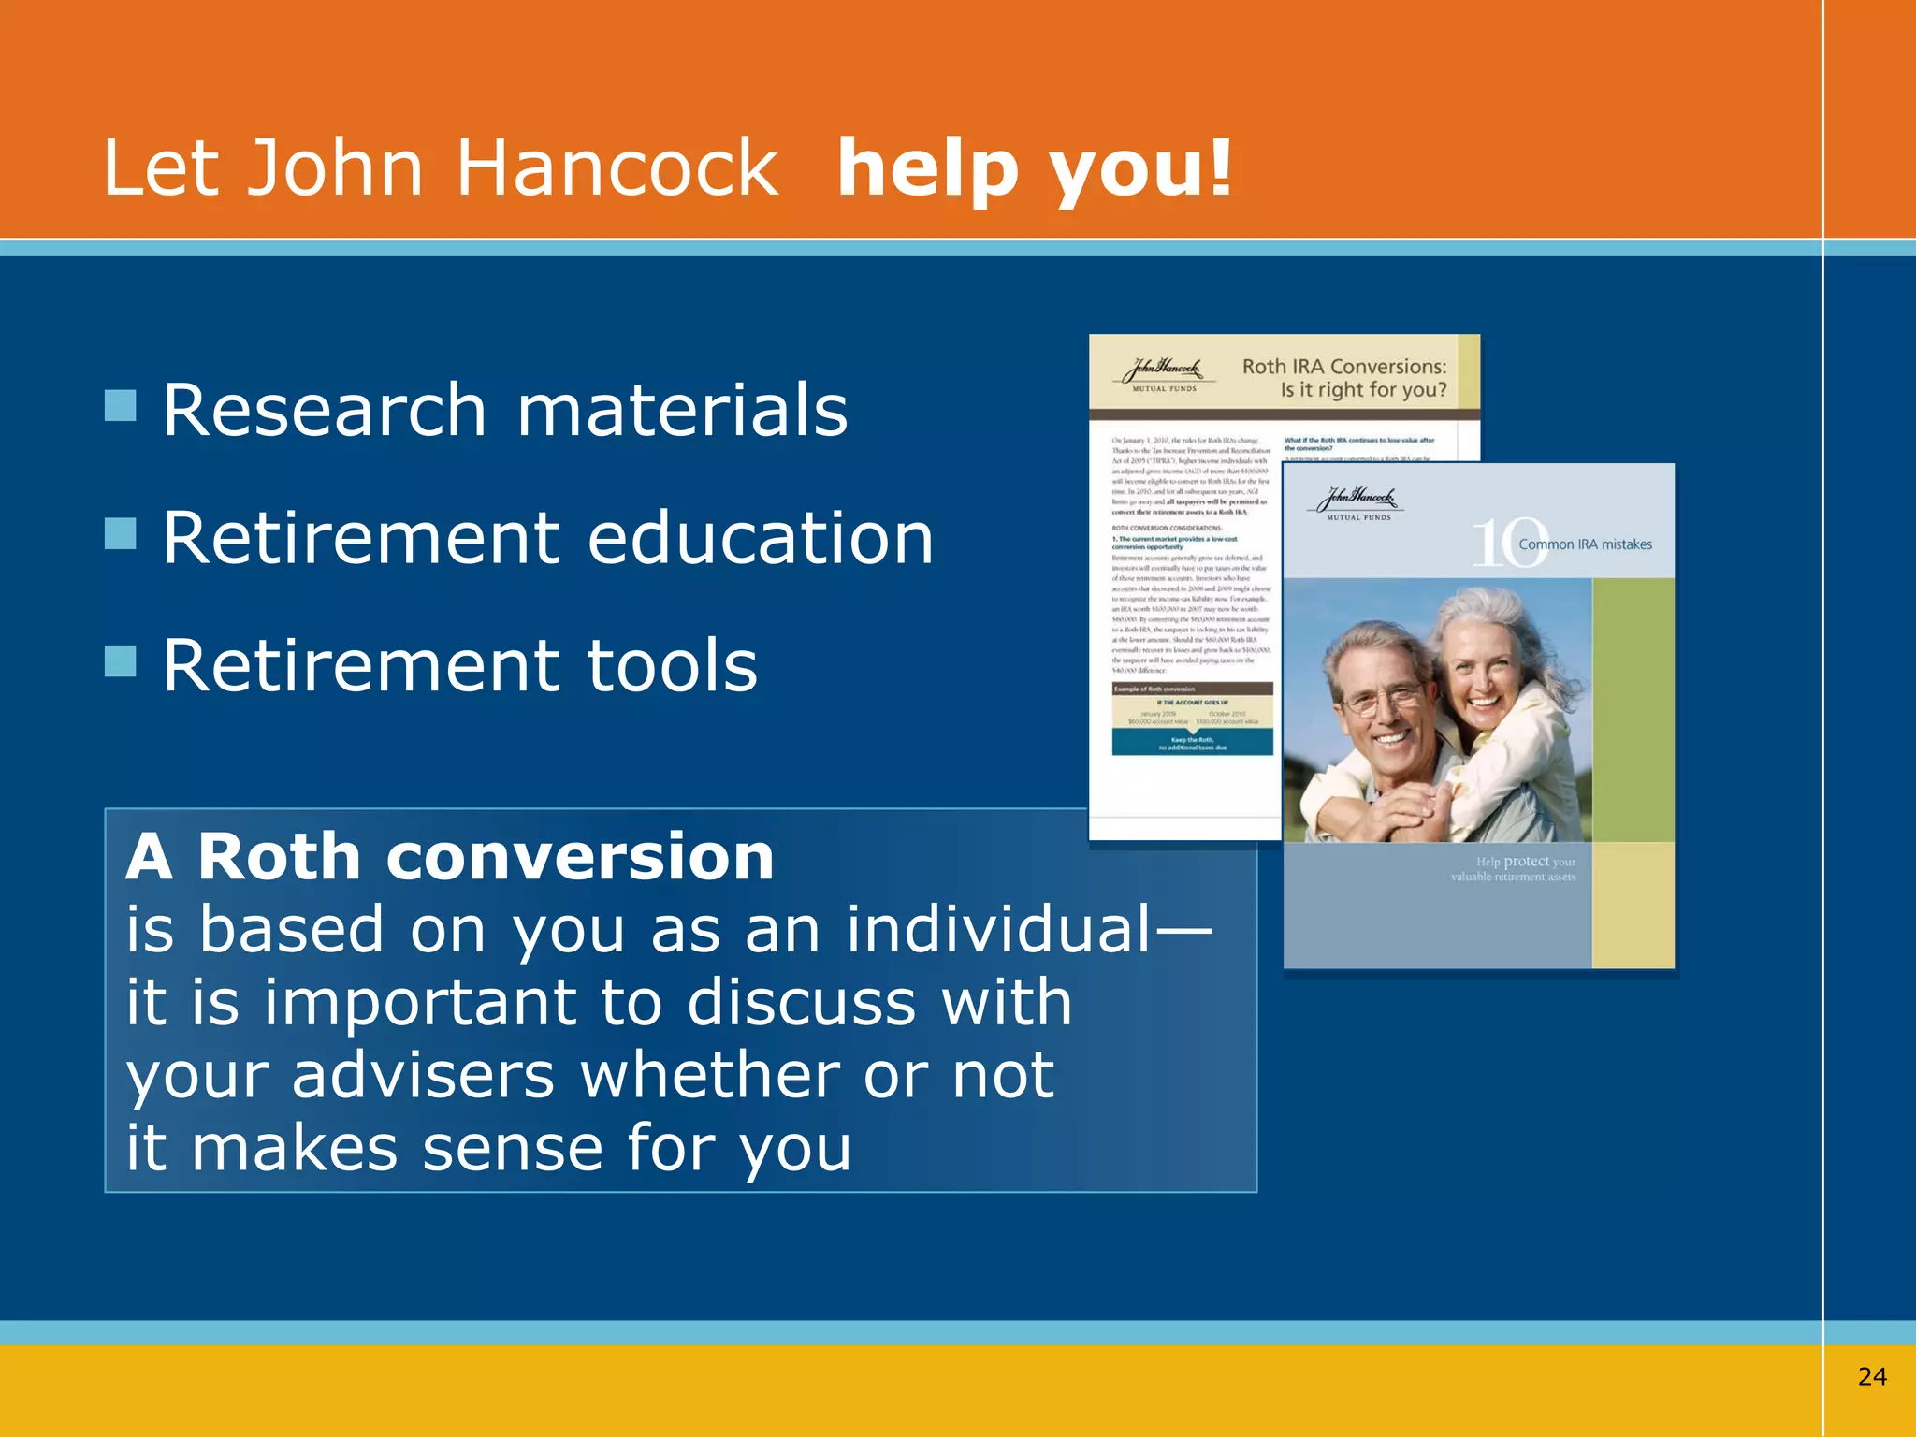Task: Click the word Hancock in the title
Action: tap(617, 168)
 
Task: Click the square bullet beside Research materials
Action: tap(121, 406)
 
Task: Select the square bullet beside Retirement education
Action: tap(121, 534)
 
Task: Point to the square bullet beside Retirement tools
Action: tap(121, 661)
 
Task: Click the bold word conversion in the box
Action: tap(580, 857)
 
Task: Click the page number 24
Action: tap(1872, 1376)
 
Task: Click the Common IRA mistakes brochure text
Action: tap(1585, 544)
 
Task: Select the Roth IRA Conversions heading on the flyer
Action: tap(1343, 378)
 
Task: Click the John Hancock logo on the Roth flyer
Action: tap(1164, 373)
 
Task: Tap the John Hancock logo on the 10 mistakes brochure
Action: tap(1358, 502)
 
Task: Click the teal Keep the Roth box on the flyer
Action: tap(1192, 743)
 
